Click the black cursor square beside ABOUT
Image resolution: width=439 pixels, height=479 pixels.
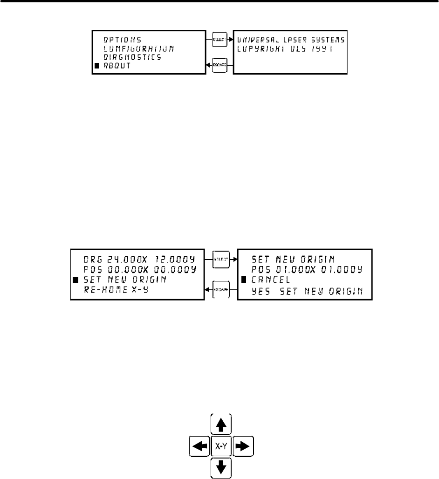(x=96, y=66)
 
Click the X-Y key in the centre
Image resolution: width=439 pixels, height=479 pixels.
(x=221, y=446)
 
